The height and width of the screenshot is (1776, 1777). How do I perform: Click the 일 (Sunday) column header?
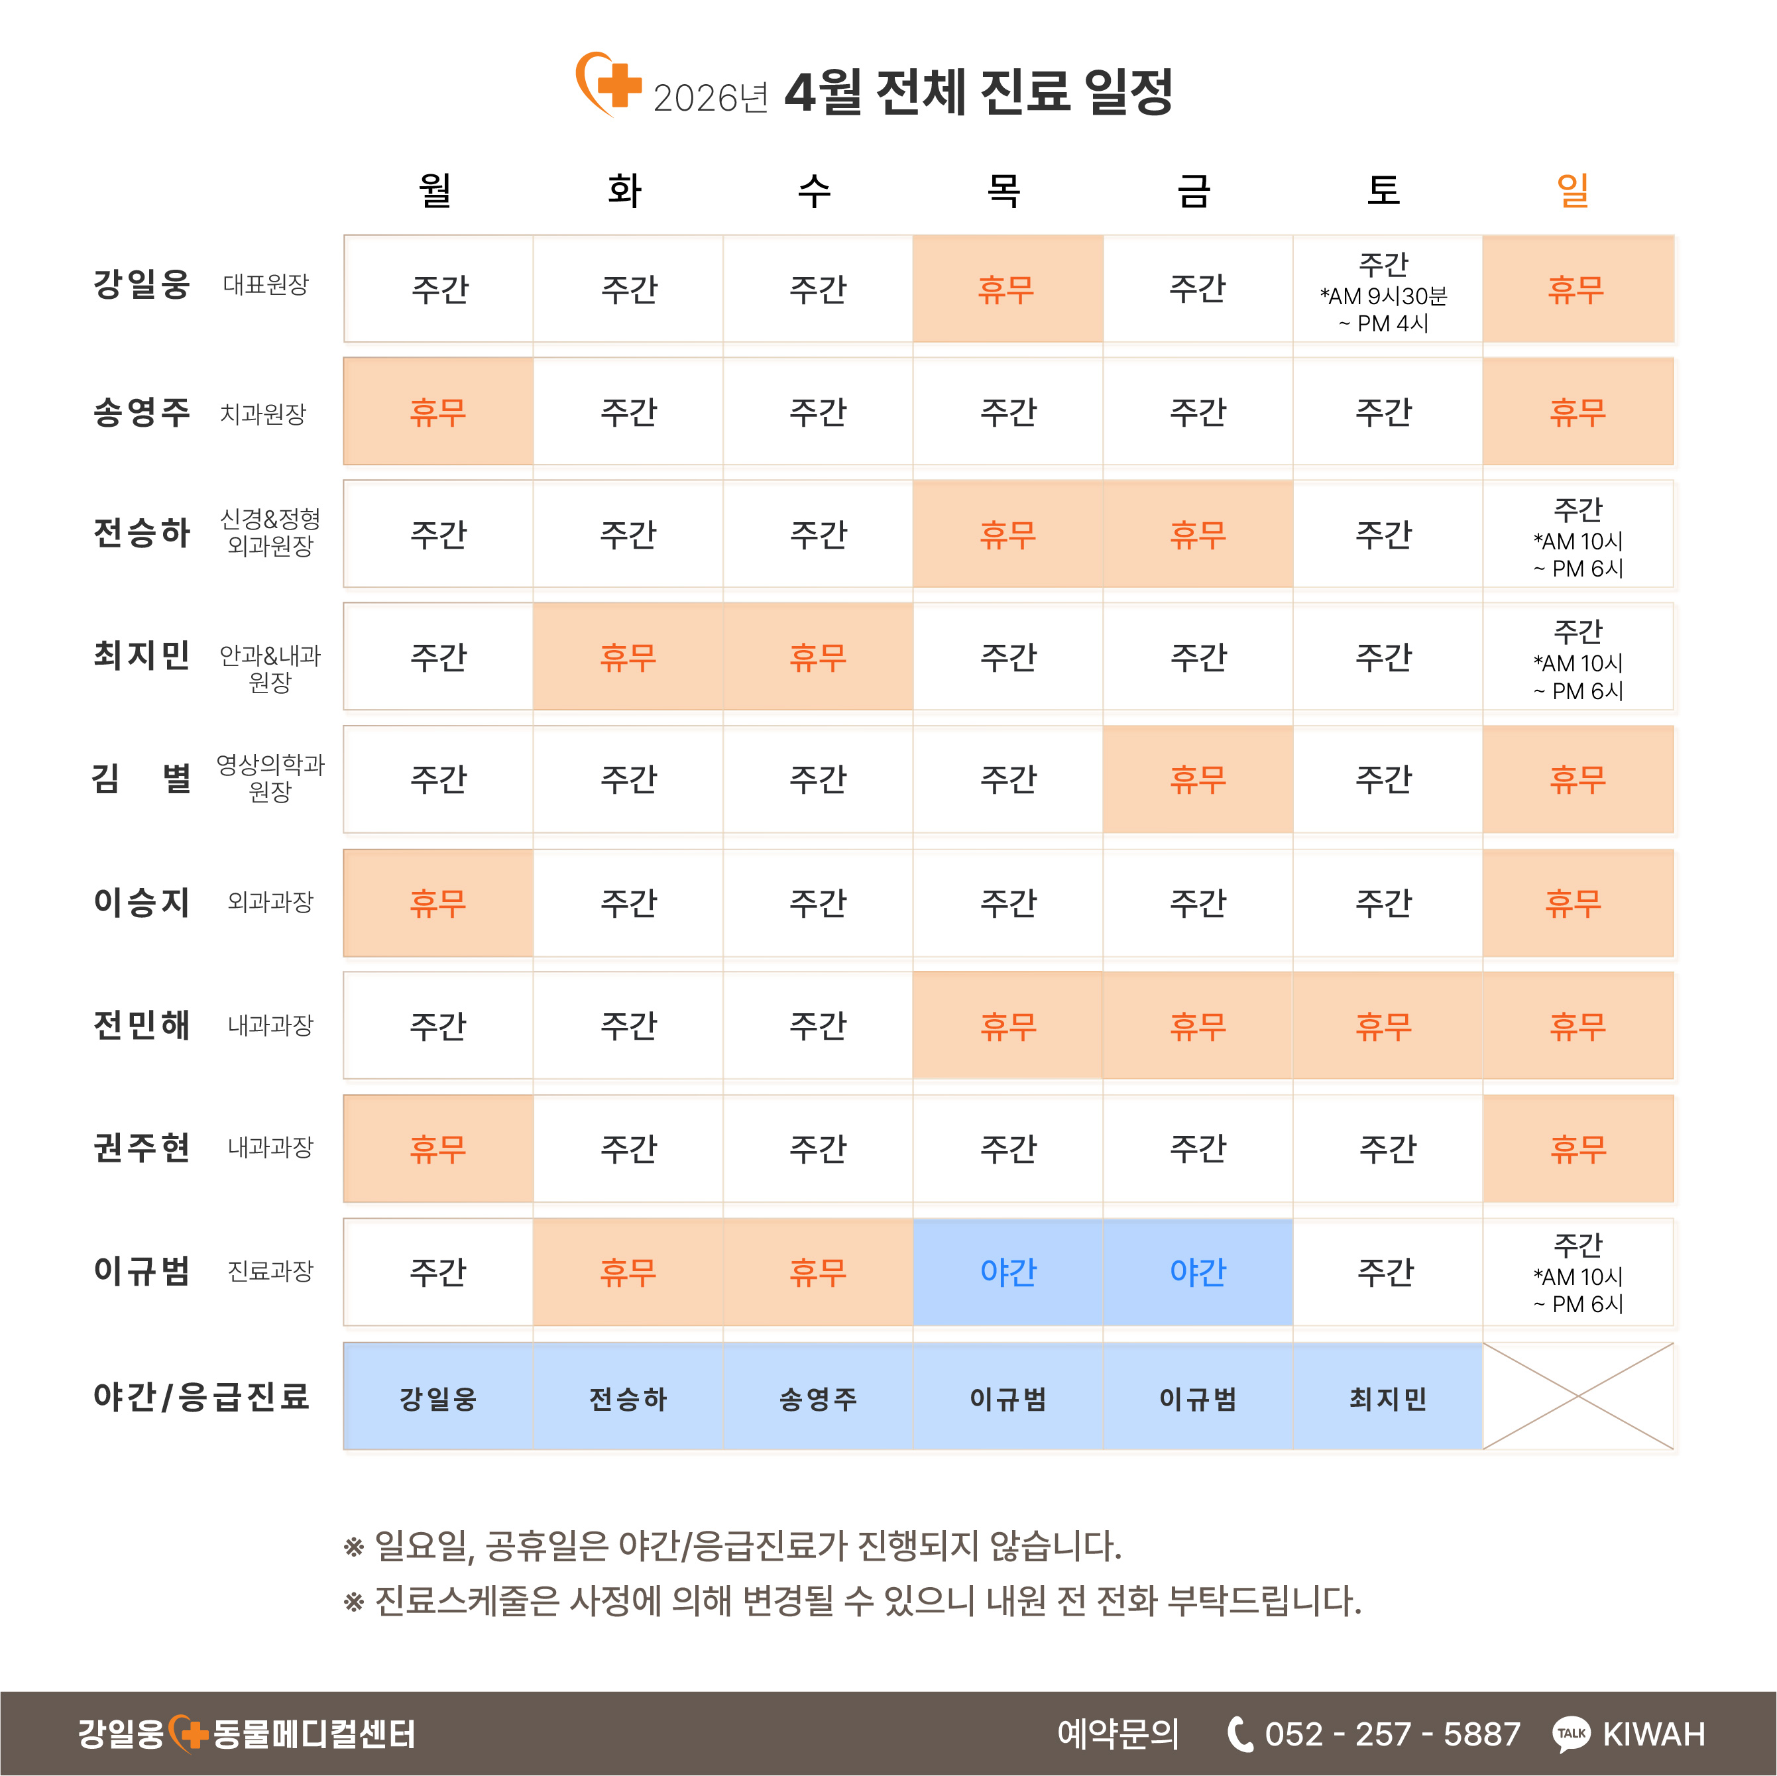(x=1572, y=190)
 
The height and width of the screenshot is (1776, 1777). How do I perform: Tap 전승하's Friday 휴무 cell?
(x=1198, y=534)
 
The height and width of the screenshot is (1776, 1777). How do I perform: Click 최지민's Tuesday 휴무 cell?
(x=628, y=657)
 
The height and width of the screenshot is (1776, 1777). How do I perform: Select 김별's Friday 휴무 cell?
(x=1198, y=780)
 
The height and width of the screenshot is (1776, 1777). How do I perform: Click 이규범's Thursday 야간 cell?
(x=1008, y=1272)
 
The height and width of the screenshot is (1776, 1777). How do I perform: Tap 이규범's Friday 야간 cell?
(x=1198, y=1272)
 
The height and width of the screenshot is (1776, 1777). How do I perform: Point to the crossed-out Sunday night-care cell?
(x=1577, y=1396)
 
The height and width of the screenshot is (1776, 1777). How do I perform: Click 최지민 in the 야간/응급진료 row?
(x=1387, y=1399)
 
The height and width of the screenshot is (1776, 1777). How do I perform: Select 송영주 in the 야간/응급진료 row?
(x=818, y=1399)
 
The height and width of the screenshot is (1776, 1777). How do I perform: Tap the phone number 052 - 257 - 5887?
(x=1392, y=1734)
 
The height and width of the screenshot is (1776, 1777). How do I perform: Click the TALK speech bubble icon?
(x=1570, y=1734)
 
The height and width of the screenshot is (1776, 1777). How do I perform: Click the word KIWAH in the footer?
(x=1653, y=1734)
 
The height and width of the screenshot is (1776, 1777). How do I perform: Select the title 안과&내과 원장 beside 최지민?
(x=270, y=669)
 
